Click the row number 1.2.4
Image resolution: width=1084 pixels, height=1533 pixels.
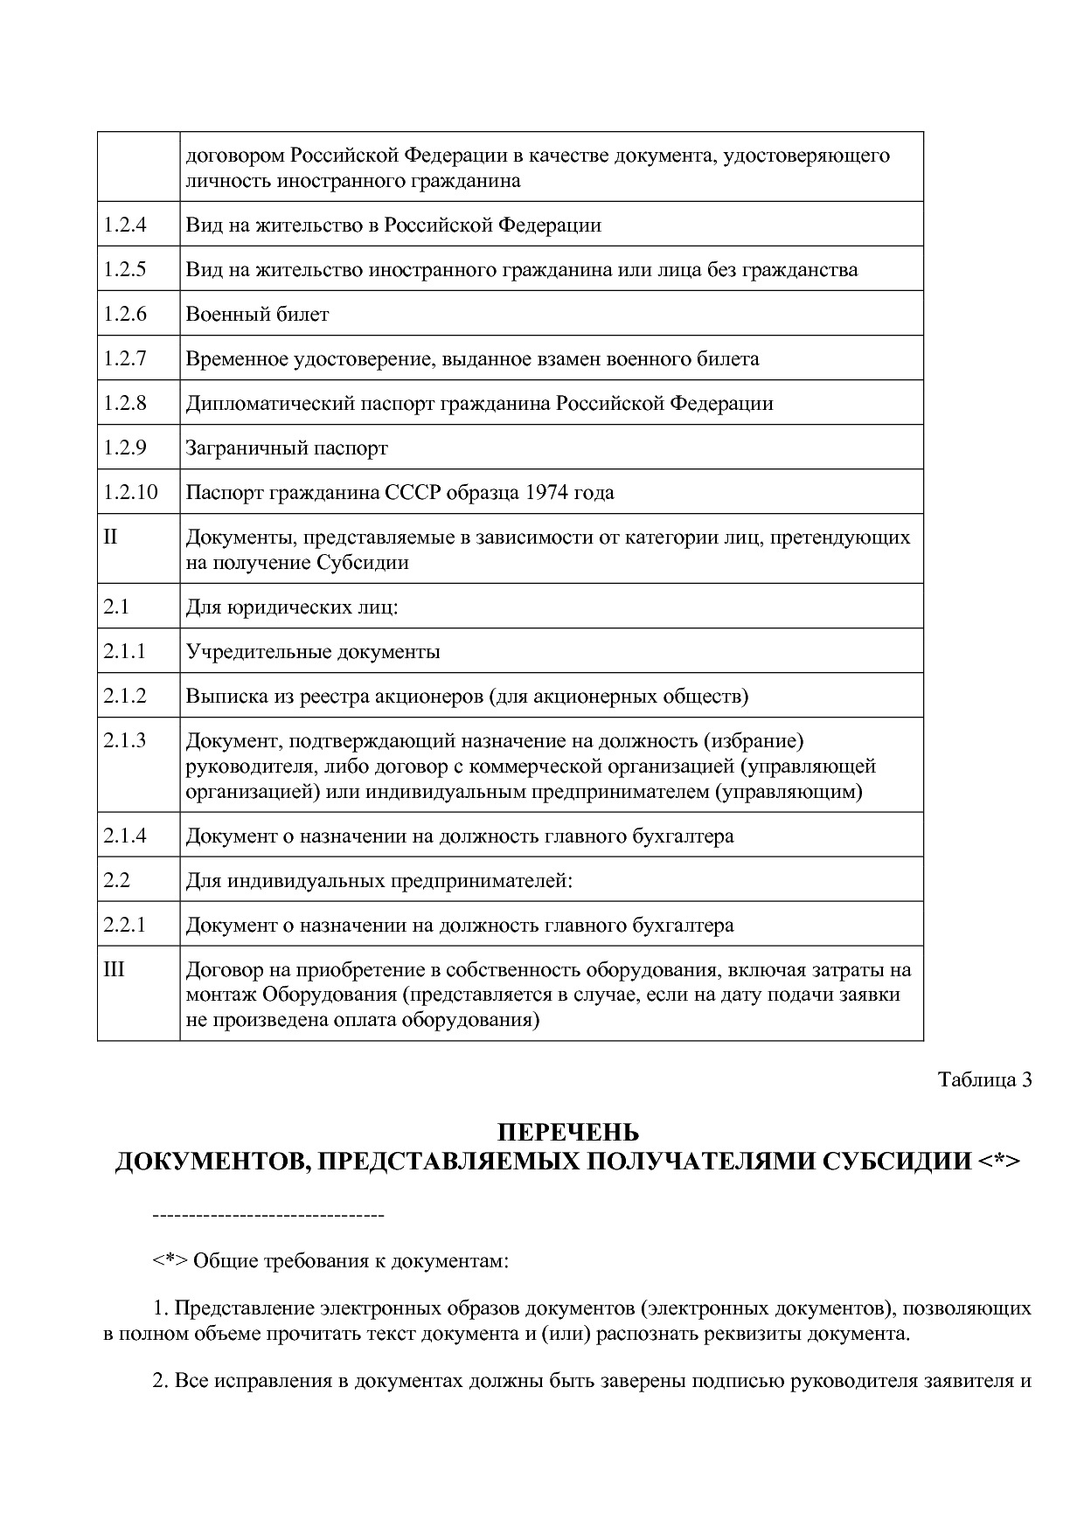point(124,225)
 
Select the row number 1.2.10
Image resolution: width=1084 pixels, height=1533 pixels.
point(130,492)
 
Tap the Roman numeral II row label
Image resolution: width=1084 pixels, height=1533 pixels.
point(110,537)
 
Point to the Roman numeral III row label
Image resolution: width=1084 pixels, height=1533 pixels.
point(114,969)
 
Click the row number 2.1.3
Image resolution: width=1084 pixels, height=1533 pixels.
point(124,740)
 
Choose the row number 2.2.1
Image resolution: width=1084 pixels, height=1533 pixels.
point(124,925)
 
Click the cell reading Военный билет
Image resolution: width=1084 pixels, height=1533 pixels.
point(257,314)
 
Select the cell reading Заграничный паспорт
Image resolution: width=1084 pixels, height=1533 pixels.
point(287,448)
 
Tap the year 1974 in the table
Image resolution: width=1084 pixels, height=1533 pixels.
point(546,492)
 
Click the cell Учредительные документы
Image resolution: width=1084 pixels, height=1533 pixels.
point(313,651)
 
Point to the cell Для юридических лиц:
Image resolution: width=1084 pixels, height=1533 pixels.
point(292,607)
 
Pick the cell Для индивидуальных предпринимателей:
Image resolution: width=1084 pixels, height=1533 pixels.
point(379,880)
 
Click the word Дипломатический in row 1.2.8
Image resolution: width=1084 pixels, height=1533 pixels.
point(258,403)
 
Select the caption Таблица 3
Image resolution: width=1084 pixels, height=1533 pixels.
point(985,1079)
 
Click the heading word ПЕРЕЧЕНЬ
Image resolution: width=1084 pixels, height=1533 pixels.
point(568,1134)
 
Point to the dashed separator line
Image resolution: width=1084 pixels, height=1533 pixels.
point(268,1216)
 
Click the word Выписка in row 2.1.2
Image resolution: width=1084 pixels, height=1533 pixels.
point(219,696)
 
